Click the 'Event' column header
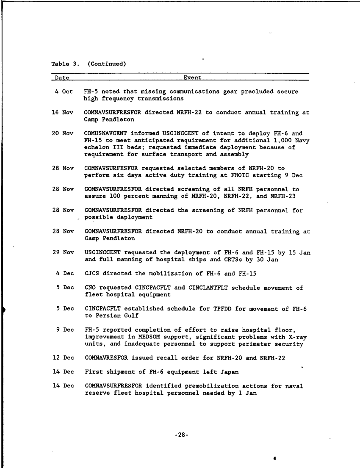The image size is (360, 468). coord(192,78)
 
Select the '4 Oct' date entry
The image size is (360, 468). coord(64,91)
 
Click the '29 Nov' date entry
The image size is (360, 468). coord(63,252)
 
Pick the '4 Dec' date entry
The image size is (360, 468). coord(65,274)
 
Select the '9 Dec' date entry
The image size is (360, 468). coord(65,330)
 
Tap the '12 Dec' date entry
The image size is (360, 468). coord(63,358)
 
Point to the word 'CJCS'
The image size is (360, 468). coord(92,274)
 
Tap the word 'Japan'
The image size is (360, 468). coord(229,372)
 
